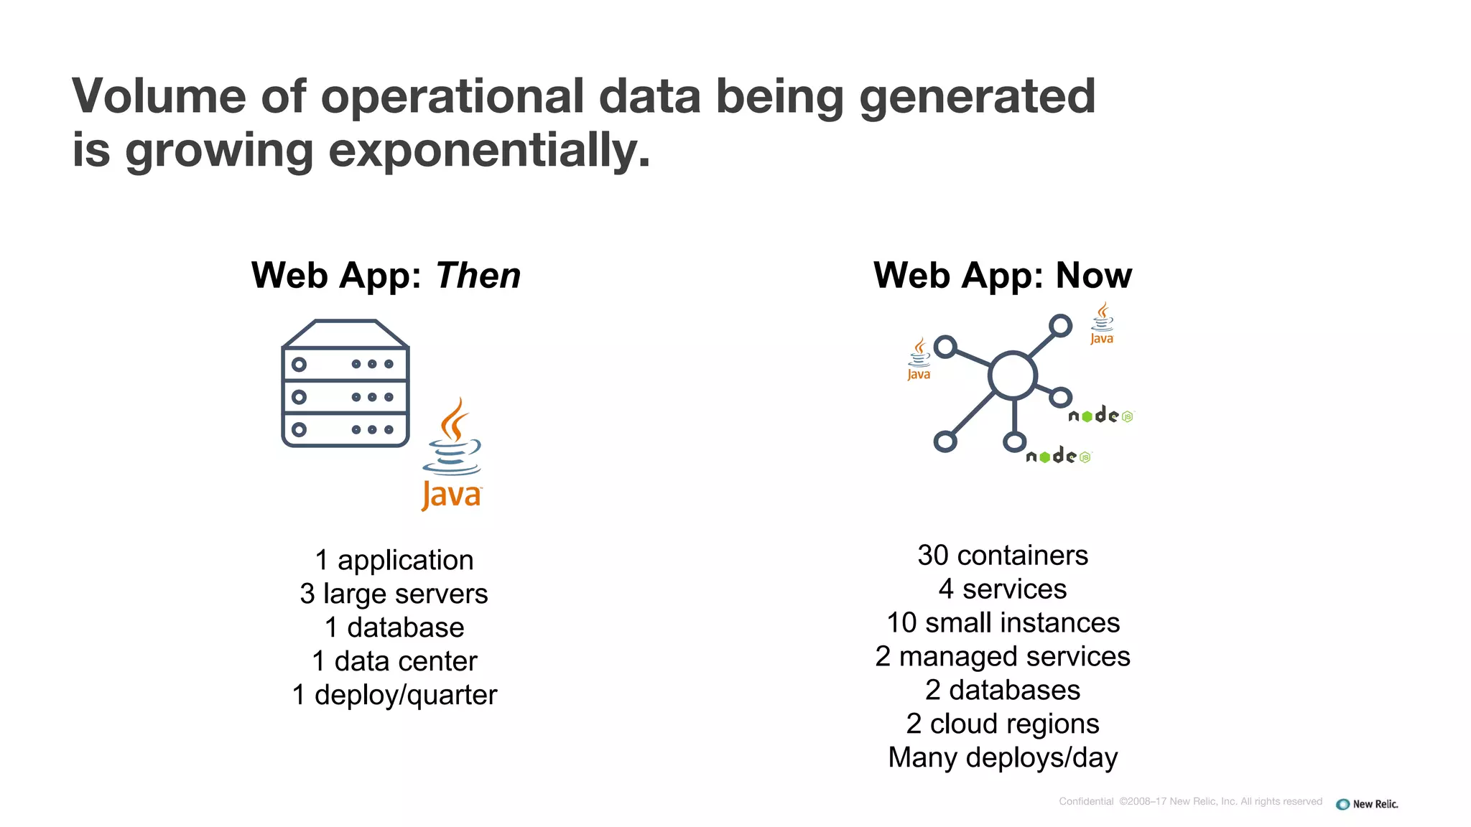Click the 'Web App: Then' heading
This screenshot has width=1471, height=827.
[x=386, y=276]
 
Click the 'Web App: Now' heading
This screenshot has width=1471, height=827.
[x=1002, y=276]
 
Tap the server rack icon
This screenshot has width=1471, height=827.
[x=345, y=384]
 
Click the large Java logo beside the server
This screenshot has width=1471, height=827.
[x=452, y=455]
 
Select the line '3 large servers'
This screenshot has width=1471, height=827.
[x=394, y=594]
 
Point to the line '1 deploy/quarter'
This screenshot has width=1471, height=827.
[x=394, y=695]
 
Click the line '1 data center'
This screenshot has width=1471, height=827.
[x=394, y=661]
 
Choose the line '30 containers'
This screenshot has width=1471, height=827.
[x=1003, y=555]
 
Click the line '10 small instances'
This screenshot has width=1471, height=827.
[x=1003, y=622]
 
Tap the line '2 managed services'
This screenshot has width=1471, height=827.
[x=1003, y=656]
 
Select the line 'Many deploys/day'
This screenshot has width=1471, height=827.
[x=1003, y=757]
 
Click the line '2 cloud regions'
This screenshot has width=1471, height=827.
[x=1003, y=724]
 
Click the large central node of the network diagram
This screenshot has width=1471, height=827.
[x=1013, y=375]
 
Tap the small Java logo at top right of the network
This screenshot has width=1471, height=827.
[x=1102, y=324]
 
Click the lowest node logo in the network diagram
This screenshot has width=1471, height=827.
[x=1058, y=457]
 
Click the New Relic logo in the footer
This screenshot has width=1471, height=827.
[x=1367, y=804]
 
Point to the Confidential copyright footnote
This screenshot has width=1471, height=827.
[x=1190, y=801]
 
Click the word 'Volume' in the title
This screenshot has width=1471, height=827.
[x=159, y=96]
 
